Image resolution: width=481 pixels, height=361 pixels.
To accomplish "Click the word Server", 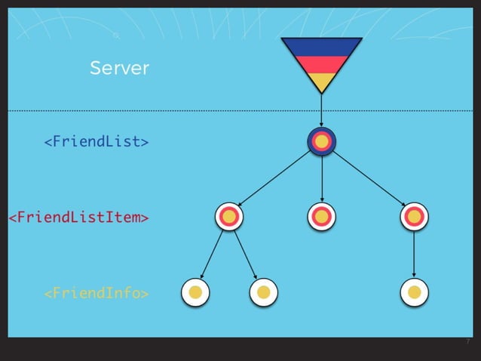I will pyautogui.click(x=119, y=69).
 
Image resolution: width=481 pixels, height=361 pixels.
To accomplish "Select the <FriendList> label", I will pyautogui.click(x=96, y=141).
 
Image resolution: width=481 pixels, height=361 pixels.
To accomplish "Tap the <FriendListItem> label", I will pyautogui.click(x=78, y=218).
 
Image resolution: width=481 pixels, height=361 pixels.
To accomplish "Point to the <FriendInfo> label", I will pyautogui.click(x=96, y=292).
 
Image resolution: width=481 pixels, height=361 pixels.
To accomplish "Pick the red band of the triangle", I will pyautogui.click(x=322, y=64).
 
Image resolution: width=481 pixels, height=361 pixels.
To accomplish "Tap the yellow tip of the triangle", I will pyautogui.click(x=322, y=81).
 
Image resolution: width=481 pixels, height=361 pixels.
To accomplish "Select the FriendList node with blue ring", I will pyautogui.click(x=322, y=141).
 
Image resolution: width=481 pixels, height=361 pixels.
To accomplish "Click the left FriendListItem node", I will pyautogui.click(x=229, y=217).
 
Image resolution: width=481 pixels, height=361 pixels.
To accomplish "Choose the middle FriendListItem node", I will pyautogui.click(x=322, y=217).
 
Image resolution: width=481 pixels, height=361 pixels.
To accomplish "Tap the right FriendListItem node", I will pyautogui.click(x=414, y=217).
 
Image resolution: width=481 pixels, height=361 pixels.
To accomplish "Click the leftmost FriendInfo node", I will pyautogui.click(x=196, y=292).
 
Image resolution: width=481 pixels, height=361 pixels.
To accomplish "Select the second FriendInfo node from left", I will pyautogui.click(x=263, y=292).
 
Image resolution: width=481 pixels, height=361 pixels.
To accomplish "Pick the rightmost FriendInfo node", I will pyautogui.click(x=414, y=292).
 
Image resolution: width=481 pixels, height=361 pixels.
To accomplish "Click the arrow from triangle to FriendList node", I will pyautogui.click(x=322, y=110).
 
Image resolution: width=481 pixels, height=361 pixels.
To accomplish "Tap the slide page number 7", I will pyautogui.click(x=467, y=342).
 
